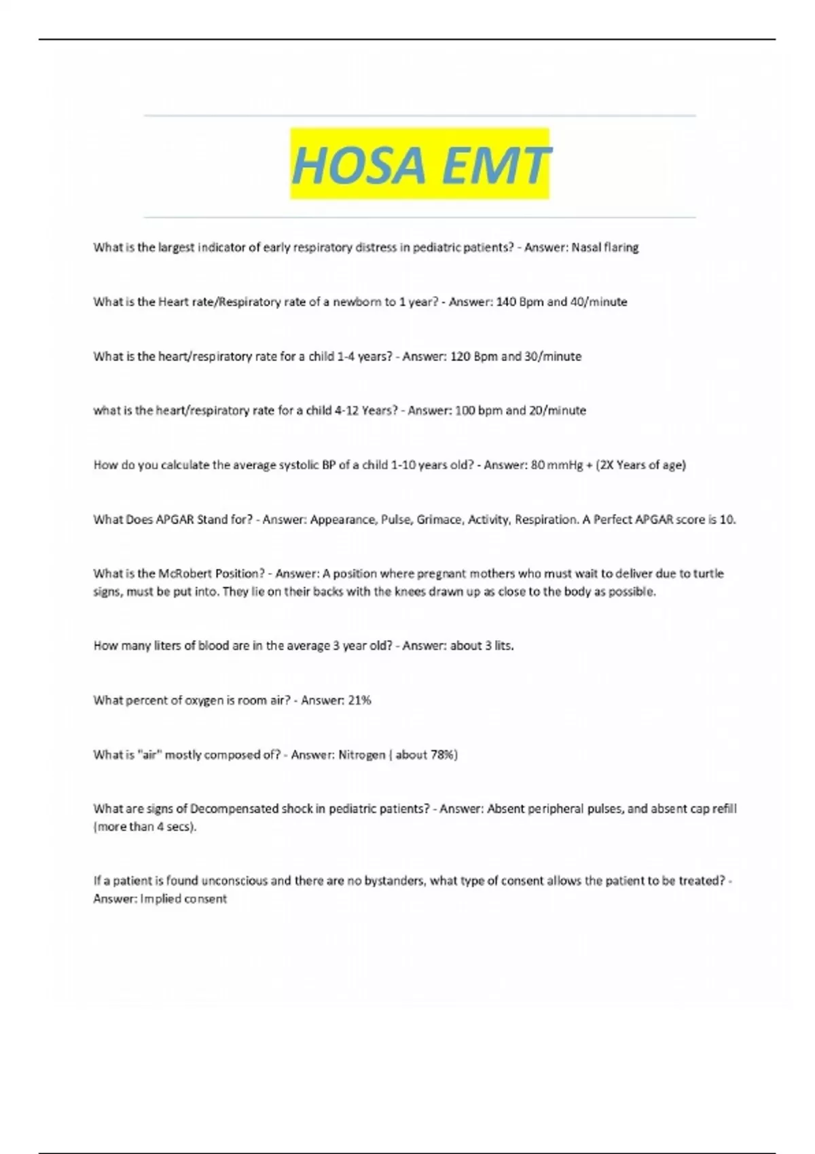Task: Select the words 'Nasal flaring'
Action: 604,248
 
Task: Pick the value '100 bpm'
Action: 478,411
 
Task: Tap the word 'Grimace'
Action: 437,520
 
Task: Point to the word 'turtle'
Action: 708,574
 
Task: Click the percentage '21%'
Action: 359,701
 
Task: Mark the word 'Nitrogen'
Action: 361,755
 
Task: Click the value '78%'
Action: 444,755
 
